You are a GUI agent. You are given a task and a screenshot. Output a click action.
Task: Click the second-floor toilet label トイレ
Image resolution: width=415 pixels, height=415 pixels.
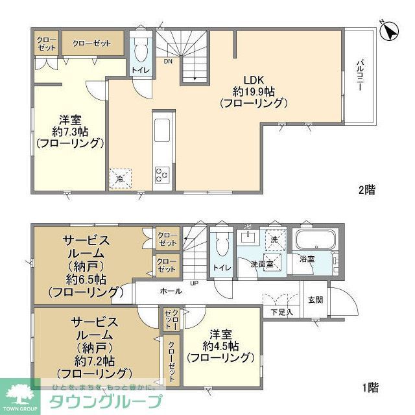pos(140,70)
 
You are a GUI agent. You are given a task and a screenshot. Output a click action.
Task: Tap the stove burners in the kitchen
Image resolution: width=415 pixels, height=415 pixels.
pos(161,173)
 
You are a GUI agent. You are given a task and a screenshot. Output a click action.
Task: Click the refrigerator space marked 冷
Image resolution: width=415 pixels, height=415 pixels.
pos(120,178)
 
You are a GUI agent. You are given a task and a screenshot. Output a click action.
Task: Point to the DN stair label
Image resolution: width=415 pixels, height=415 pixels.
pos(167,62)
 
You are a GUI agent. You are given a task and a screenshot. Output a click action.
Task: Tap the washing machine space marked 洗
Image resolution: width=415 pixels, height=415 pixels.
pos(274,239)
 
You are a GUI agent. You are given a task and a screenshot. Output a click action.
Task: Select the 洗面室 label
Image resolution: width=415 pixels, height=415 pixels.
pos(262,265)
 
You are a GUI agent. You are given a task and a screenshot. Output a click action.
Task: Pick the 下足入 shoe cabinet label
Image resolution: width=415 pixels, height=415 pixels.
pos(281,312)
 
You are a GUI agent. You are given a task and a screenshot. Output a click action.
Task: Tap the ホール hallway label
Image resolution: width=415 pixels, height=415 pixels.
pos(171,292)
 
